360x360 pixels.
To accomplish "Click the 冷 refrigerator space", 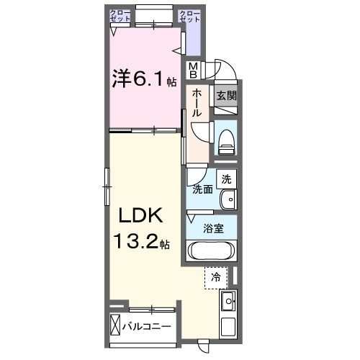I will tap(215, 276).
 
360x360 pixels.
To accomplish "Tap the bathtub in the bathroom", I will tap(211, 252).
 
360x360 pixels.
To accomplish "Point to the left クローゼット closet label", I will tap(120, 15).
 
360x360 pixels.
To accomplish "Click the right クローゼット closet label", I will tap(189, 15).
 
